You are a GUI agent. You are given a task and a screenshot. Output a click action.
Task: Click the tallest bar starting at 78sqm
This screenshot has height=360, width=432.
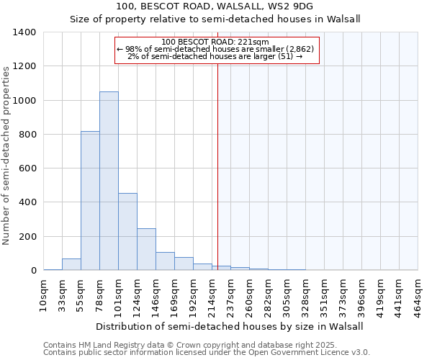109,181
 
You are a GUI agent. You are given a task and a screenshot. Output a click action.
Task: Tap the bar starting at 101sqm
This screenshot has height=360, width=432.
127,232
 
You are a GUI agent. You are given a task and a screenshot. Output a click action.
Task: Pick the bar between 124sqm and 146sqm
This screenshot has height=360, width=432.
146,249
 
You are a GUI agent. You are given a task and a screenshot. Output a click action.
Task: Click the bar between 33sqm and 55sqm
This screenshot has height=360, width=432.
71,264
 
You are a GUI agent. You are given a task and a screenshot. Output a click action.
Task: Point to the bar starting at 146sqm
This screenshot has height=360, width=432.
165,261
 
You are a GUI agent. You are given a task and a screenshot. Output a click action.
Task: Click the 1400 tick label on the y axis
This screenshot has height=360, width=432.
24,32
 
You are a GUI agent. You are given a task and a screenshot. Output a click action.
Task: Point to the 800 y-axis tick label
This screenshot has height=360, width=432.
27,135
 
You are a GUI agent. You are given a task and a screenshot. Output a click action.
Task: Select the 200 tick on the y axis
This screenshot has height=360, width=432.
27,237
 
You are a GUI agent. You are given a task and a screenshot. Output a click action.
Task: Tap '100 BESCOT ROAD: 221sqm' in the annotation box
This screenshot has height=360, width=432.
215,42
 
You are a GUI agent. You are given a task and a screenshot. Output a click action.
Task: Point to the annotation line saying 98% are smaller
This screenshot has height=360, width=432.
215,49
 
